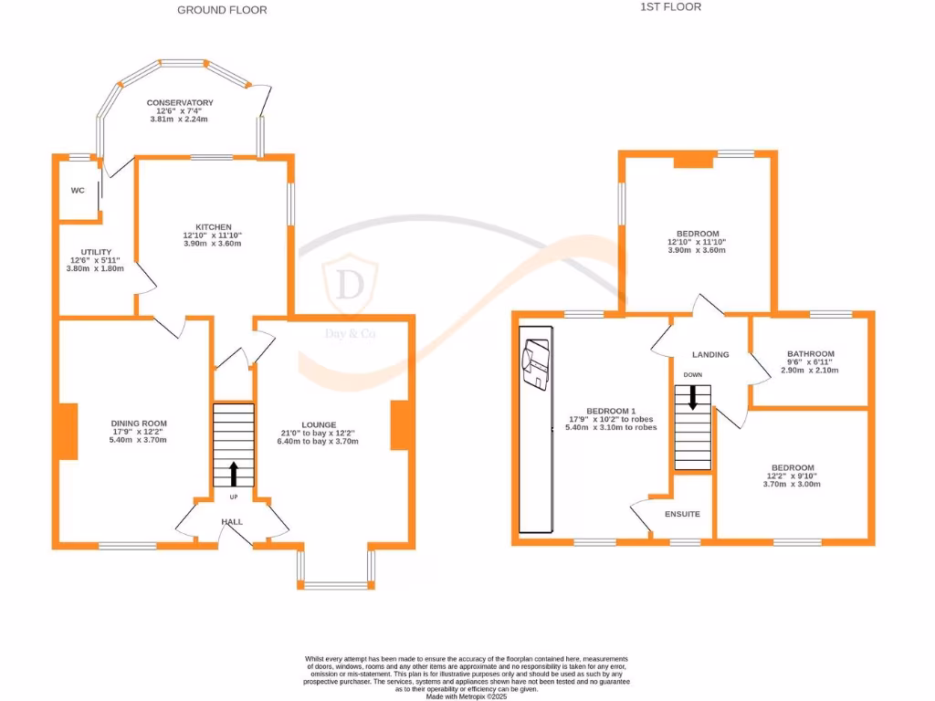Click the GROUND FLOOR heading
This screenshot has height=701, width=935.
point(222,10)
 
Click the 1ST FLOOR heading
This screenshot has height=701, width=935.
point(671,6)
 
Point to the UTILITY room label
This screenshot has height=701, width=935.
point(96,252)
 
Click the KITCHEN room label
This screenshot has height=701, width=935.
point(213,227)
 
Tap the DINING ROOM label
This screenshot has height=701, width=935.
point(139,424)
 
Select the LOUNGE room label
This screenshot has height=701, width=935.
point(319,424)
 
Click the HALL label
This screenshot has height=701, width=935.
point(231,521)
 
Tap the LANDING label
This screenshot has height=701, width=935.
point(710,354)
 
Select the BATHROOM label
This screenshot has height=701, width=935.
point(811,354)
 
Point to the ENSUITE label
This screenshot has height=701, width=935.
point(682,514)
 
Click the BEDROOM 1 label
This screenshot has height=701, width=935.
point(610,410)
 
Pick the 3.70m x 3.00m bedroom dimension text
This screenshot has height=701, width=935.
point(792,484)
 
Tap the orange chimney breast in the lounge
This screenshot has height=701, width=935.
point(399,425)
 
